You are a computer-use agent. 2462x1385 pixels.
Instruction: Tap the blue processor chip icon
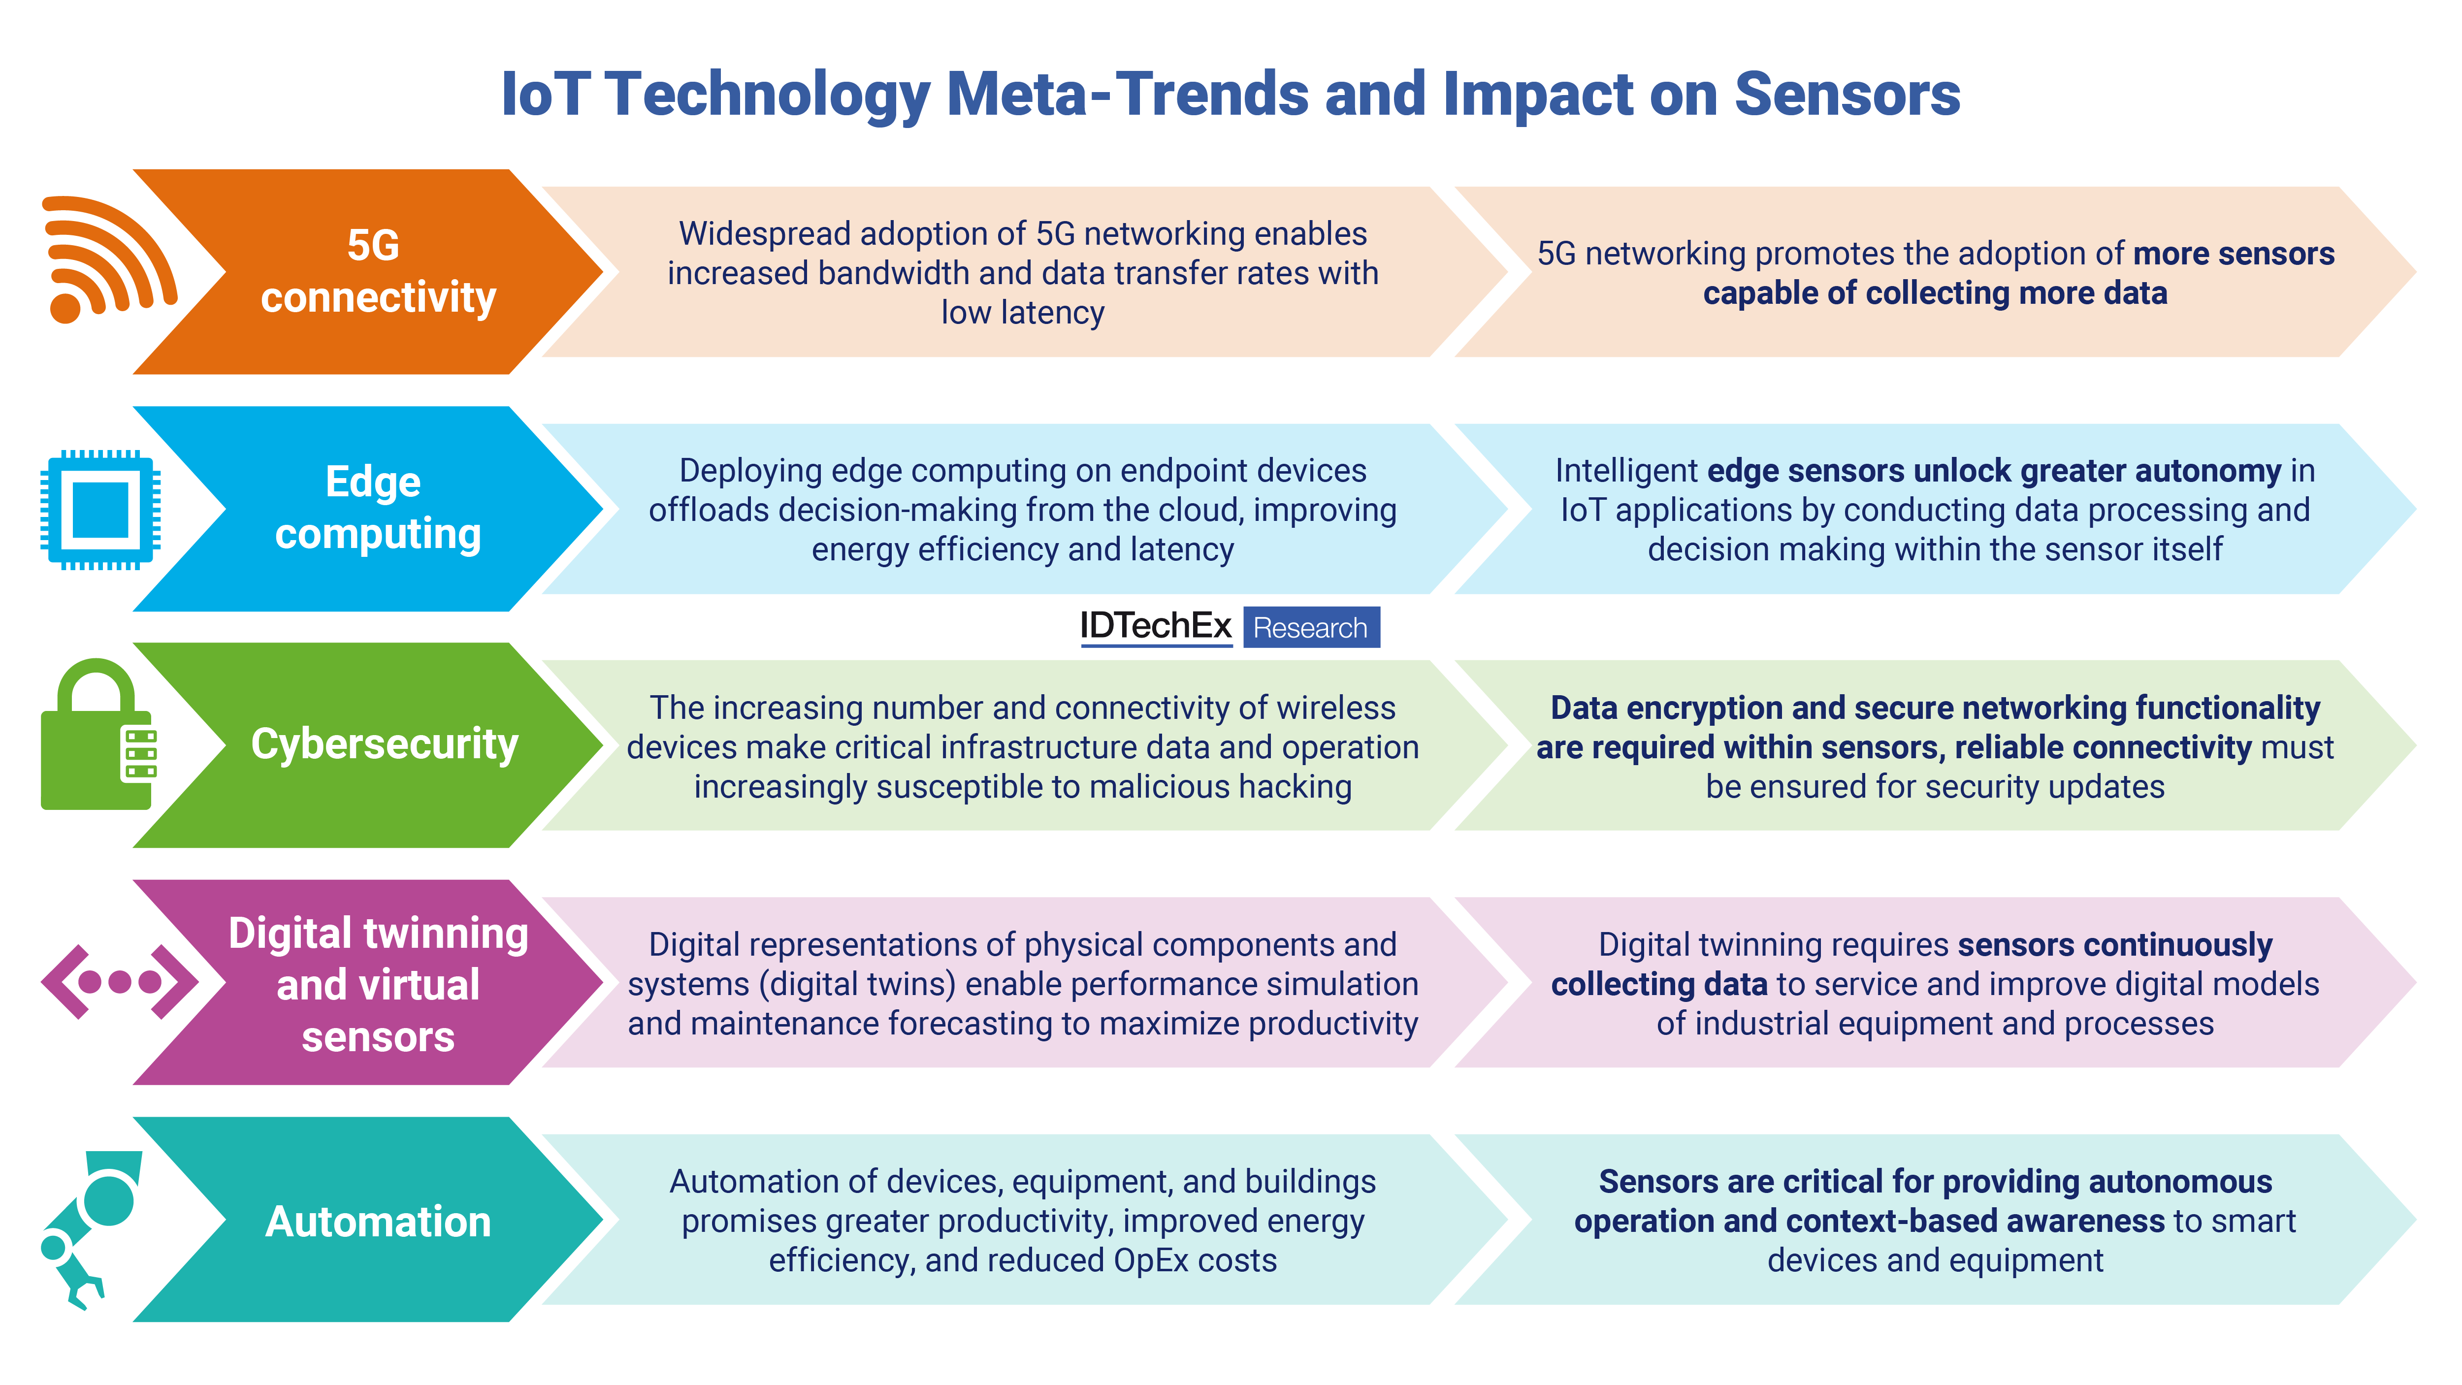tap(100, 510)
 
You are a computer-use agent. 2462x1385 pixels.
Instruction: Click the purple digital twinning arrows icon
tap(120, 982)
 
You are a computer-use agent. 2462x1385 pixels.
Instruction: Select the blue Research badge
tap(1310, 628)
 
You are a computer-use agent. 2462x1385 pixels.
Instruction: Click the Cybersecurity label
tap(384, 744)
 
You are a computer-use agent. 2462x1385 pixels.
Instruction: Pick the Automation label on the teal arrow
tap(379, 1222)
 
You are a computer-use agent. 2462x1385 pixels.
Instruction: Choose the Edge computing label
tap(378, 508)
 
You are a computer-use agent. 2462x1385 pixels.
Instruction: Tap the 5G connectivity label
tap(378, 271)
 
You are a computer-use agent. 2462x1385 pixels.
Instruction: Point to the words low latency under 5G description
tap(1023, 313)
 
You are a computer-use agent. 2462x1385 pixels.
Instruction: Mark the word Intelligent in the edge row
tap(1625, 471)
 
